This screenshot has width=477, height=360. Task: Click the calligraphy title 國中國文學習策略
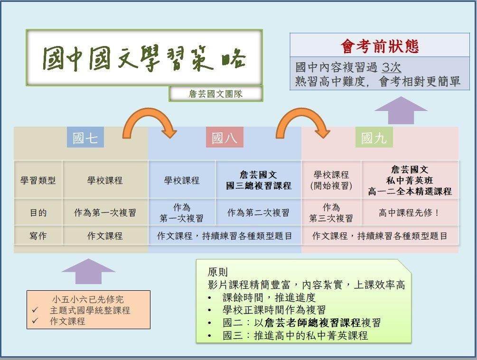(x=144, y=58)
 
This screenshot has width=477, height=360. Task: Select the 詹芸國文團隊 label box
(x=215, y=94)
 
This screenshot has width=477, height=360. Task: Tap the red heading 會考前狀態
(x=380, y=46)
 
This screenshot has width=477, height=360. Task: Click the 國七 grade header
(x=85, y=138)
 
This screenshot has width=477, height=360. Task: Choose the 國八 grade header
(x=224, y=138)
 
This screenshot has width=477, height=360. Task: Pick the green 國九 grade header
(x=374, y=138)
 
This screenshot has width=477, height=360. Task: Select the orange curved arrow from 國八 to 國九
(x=302, y=121)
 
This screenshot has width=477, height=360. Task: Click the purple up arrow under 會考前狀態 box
(x=401, y=110)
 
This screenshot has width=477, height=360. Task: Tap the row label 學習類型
(x=38, y=180)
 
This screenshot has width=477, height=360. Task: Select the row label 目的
(x=38, y=212)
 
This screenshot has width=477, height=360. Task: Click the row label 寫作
(x=38, y=235)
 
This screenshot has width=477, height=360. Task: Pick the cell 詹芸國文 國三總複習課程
(x=259, y=180)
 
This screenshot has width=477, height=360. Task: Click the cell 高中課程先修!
(x=409, y=212)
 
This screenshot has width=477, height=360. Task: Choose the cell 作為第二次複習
(x=258, y=212)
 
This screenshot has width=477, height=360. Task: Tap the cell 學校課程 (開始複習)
(x=331, y=180)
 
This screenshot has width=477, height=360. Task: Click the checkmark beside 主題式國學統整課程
(x=35, y=311)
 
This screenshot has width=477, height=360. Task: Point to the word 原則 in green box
(x=217, y=272)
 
